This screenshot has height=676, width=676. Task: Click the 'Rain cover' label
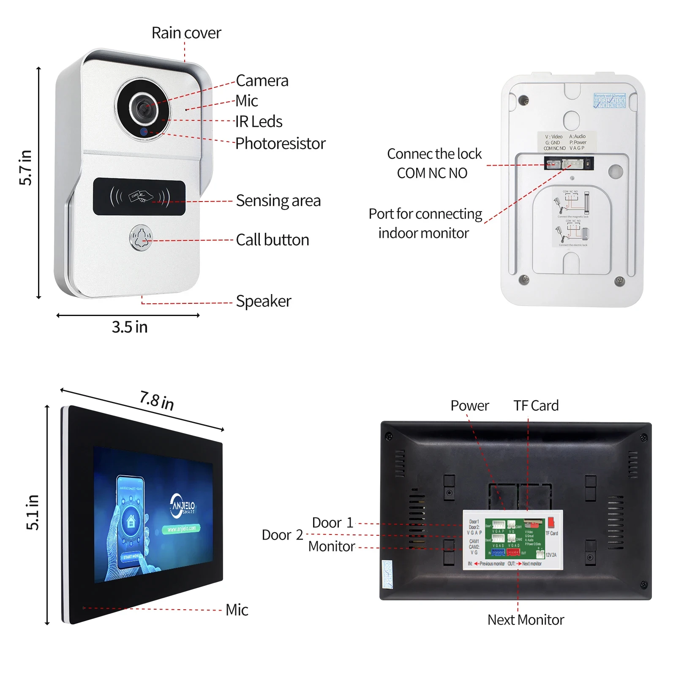pos(186,33)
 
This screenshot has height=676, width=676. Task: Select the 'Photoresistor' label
pos(280,144)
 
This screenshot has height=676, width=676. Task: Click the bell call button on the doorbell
pos(141,238)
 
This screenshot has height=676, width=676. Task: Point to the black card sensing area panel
pos(139,196)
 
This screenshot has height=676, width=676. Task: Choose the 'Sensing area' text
pos(278,201)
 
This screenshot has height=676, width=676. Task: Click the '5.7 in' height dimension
pos(26,167)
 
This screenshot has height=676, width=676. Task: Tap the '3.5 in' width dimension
pos(129,327)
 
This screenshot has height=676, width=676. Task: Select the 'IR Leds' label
pos(259,122)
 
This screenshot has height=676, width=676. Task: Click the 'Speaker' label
pos(263,301)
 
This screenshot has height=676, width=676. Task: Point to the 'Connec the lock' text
pos(434,154)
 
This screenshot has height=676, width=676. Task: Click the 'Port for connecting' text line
pos(425,214)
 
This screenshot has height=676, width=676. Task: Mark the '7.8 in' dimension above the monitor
pos(157,400)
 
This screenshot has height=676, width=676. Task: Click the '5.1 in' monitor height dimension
pos(33,512)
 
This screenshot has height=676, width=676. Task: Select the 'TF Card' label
pos(536,406)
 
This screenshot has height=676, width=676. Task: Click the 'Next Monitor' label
pos(526,620)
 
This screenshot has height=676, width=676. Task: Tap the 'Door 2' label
pos(282,535)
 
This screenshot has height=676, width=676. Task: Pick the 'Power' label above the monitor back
pos(469,406)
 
